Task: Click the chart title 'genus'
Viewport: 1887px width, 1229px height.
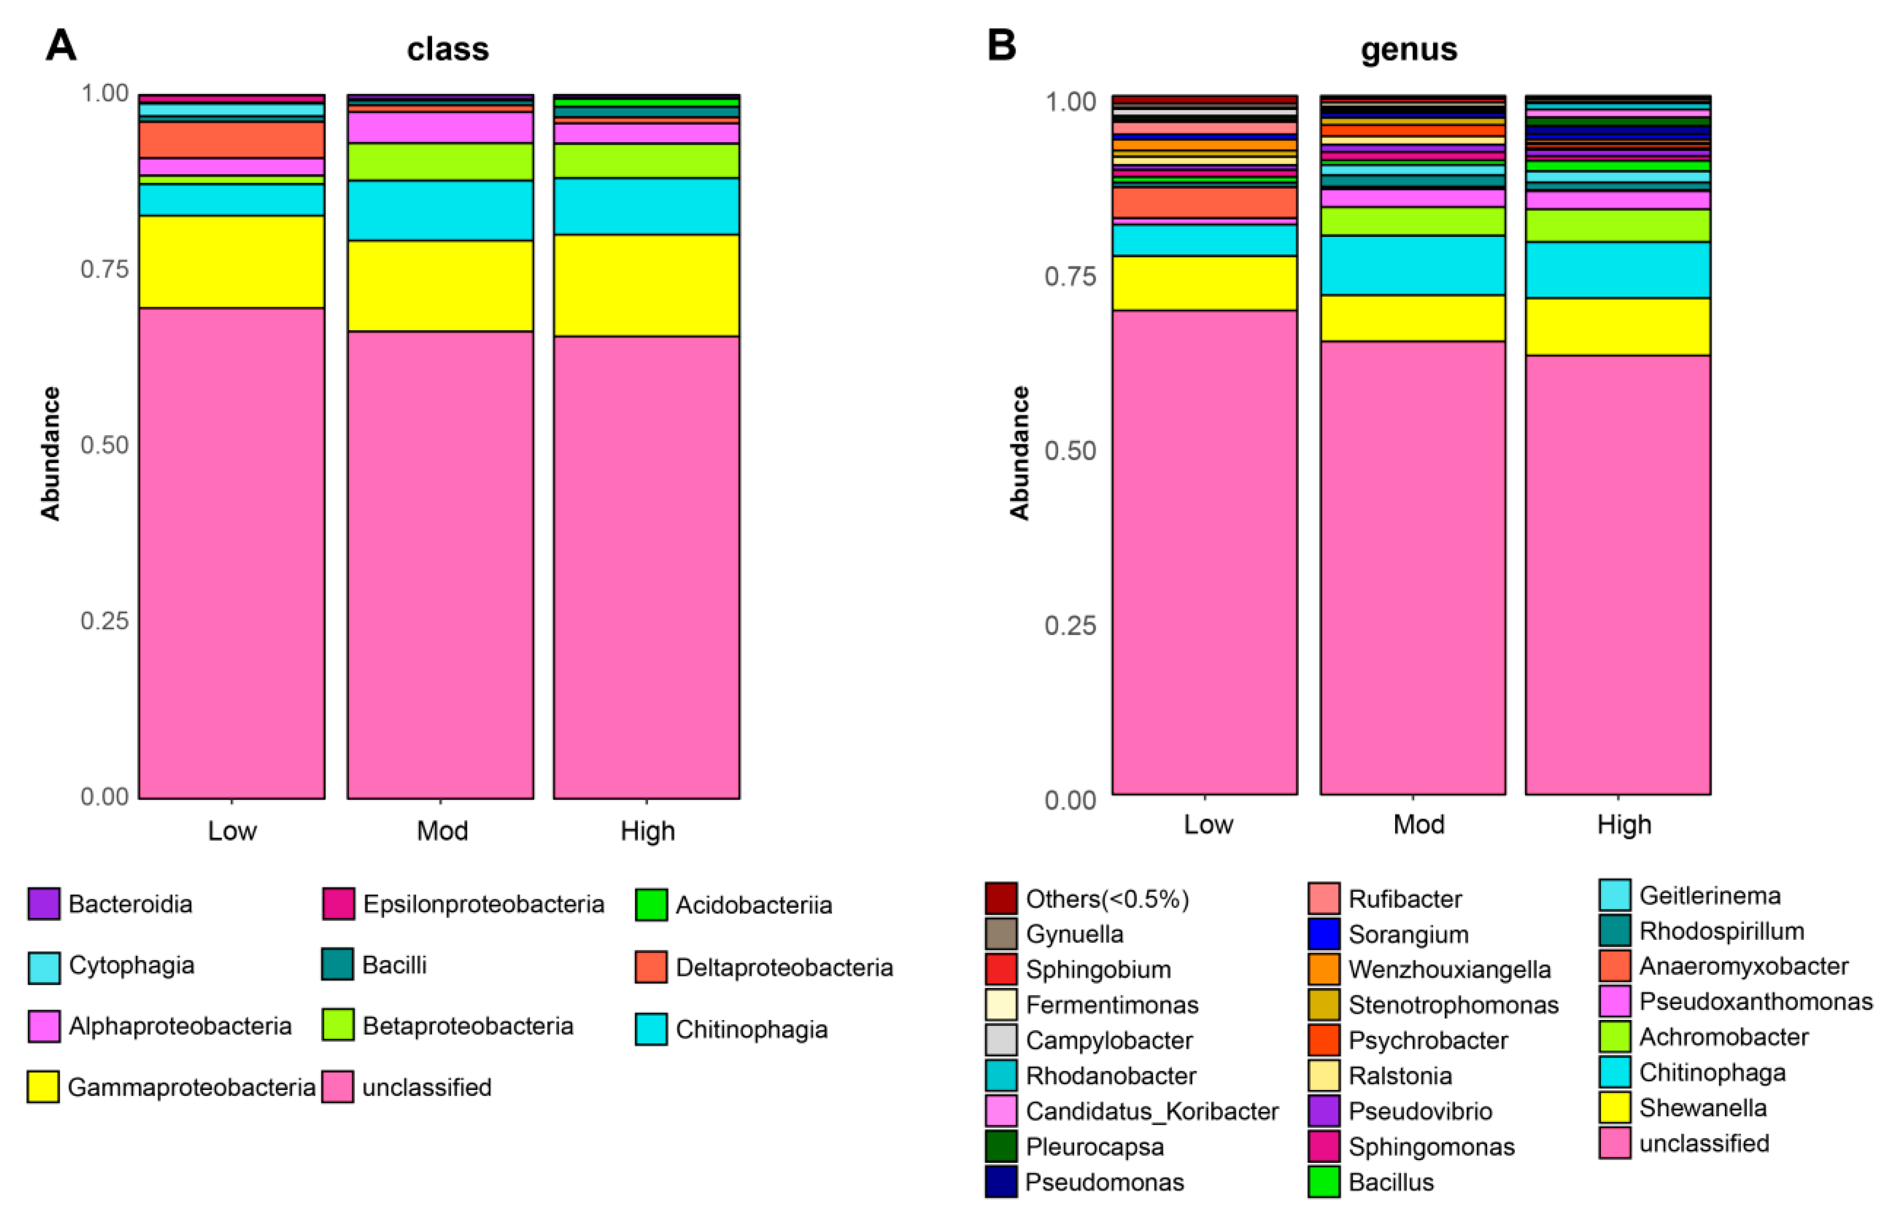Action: click(x=1408, y=49)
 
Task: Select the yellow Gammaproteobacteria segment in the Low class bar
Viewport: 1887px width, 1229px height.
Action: click(x=232, y=261)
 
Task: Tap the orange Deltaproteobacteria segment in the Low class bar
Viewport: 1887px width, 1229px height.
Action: click(x=232, y=140)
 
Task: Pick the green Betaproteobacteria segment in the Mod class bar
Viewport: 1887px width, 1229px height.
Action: click(x=440, y=162)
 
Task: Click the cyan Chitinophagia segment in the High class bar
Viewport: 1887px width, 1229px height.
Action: click(x=646, y=206)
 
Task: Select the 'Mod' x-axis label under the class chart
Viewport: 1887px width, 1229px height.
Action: click(x=442, y=831)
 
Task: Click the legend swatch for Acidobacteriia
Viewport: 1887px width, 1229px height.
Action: click(x=651, y=905)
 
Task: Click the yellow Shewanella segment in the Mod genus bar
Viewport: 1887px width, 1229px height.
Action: click(x=1412, y=318)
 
